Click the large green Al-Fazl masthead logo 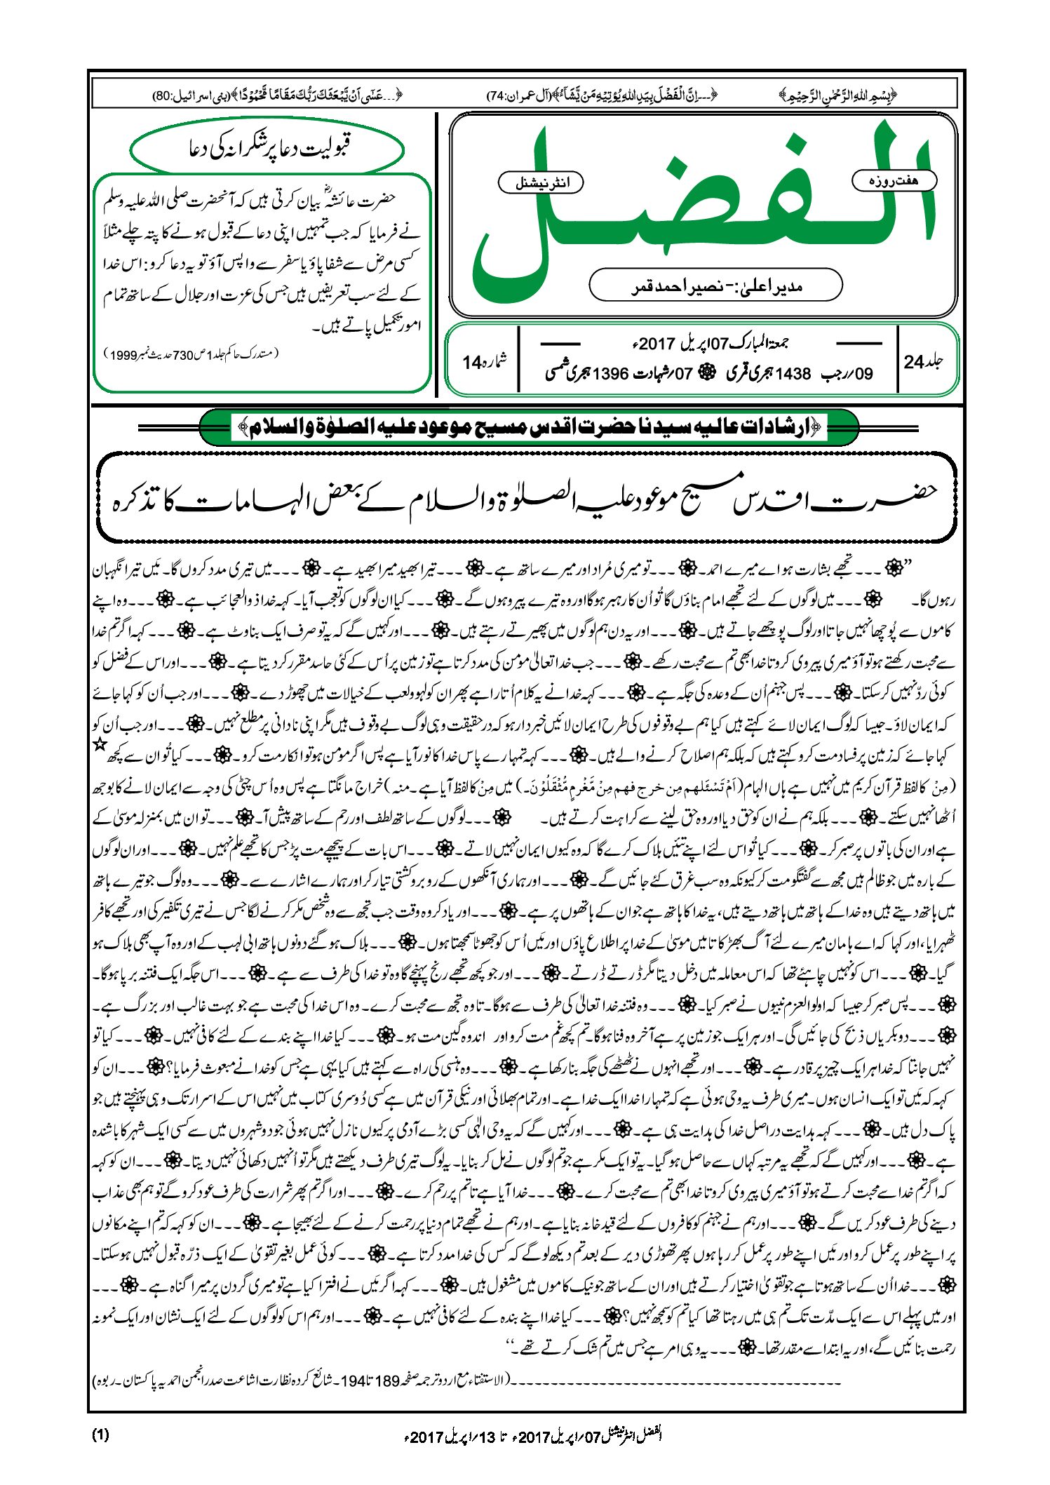(701, 210)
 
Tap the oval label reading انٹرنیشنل (540, 183)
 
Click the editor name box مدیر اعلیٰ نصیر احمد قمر (715, 285)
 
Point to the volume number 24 (914, 362)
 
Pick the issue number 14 (471, 363)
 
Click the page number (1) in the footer (100, 1434)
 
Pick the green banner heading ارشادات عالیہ (529, 426)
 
